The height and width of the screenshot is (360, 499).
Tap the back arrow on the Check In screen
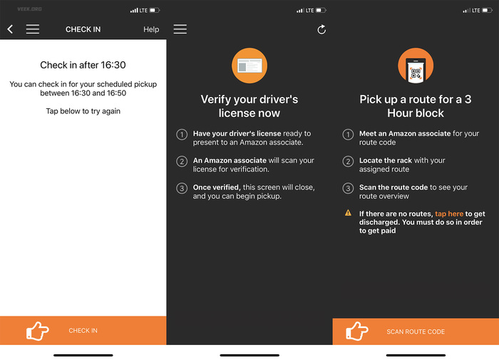(10, 29)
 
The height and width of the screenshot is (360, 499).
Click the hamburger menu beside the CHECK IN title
(33, 29)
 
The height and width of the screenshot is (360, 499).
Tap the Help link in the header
(151, 29)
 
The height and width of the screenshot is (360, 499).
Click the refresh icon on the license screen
(321, 29)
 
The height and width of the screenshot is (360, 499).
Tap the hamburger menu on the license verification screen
(180, 29)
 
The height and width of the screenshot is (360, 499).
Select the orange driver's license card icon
(249, 66)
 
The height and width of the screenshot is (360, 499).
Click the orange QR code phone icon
(416, 66)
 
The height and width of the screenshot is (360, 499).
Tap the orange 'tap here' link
(449, 214)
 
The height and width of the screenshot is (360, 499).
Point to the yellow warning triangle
(348, 212)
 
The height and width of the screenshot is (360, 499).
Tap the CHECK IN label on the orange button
(83, 330)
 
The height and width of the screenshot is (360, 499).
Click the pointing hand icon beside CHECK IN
(38, 331)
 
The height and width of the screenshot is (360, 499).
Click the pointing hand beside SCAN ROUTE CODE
(356, 331)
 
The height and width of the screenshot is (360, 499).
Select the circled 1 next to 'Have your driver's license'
(182, 135)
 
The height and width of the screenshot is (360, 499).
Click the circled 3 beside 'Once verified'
(182, 188)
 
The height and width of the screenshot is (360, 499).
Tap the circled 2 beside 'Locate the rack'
(348, 161)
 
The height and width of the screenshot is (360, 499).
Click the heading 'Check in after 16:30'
(83, 65)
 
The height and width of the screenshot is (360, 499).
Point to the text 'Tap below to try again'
(83, 111)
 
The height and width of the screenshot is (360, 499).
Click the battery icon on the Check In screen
(155, 10)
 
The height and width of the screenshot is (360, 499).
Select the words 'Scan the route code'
(393, 187)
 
